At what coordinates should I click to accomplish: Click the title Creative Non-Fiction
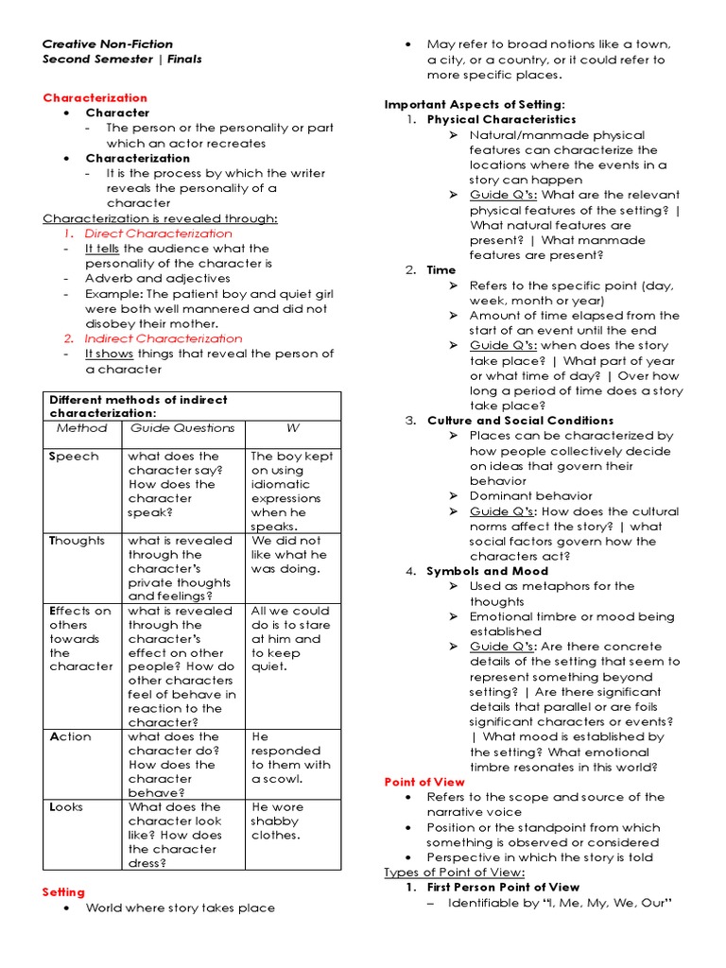pos(108,44)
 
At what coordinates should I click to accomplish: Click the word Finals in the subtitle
pos(184,60)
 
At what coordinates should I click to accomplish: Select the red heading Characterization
pos(95,97)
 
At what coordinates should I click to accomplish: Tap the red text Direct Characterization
pos(158,233)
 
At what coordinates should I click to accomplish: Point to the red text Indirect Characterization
pos(163,338)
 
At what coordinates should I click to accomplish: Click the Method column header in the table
pos(82,428)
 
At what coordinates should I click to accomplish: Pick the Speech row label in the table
pos(73,456)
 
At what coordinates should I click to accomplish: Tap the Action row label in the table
pos(70,736)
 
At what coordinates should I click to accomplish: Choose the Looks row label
pos(69,807)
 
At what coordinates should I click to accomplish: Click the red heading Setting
pos(63,892)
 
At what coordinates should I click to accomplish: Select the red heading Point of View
pos(424,782)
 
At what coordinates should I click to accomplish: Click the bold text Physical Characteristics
pos(501,120)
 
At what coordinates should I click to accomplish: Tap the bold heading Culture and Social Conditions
pos(520,421)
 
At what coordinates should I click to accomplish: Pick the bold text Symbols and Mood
pos(487,571)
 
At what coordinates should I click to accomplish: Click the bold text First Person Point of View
pos(503,888)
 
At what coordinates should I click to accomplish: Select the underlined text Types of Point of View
pos(455,873)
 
